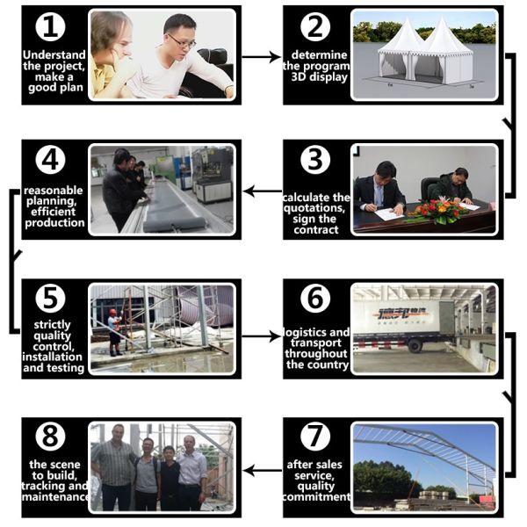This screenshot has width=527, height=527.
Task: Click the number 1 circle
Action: point(50,27)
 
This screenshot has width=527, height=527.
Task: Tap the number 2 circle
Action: point(315,27)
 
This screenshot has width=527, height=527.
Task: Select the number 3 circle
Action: point(315,160)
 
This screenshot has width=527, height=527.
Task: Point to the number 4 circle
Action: point(50,160)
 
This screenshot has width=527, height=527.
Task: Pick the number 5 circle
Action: point(50,299)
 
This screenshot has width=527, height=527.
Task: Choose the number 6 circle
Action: point(315,299)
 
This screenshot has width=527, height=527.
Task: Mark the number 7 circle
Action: point(315,437)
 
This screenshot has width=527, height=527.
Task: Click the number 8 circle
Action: point(50,437)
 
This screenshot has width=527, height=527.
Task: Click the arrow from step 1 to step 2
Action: point(262,57)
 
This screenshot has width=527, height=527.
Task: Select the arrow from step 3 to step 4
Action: point(262,191)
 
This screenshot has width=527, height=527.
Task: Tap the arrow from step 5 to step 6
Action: point(262,336)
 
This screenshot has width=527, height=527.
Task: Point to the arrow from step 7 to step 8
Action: point(262,471)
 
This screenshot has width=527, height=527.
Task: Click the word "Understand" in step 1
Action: point(54,54)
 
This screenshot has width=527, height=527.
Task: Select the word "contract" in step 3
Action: point(316,230)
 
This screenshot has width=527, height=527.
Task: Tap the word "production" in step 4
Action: point(54,223)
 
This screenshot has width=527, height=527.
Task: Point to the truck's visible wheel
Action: point(415,345)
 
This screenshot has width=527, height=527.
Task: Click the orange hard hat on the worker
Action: point(113,312)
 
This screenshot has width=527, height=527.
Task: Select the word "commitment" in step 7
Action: point(316,497)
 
